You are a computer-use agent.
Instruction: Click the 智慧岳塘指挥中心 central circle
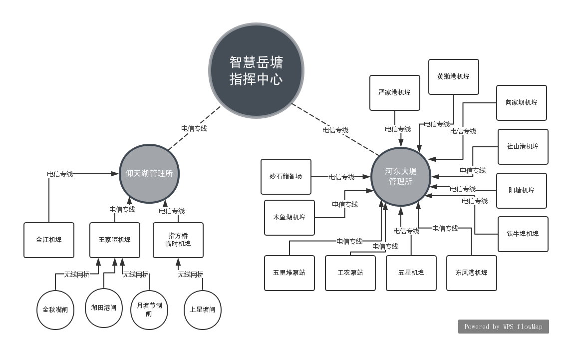[x=256, y=70]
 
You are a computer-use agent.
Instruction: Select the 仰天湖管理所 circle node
[x=149, y=174]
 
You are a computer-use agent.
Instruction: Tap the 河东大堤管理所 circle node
[x=401, y=176]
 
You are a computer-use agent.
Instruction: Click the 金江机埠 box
[x=49, y=240]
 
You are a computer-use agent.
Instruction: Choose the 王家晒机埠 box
[x=115, y=240]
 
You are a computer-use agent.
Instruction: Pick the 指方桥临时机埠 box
[x=178, y=240]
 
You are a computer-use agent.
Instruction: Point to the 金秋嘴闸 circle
[x=55, y=310]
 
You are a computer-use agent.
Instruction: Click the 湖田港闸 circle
[x=104, y=308]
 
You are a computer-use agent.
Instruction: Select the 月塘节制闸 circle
[x=149, y=310]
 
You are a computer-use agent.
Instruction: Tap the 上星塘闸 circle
[x=202, y=310]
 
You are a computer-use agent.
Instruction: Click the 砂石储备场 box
[x=286, y=176]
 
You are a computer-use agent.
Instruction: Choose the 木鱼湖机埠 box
[x=289, y=217]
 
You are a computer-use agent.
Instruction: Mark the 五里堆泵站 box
[x=289, y=273]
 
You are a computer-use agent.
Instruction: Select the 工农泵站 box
[x=350, y=273]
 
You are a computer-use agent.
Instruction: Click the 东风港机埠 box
[x=471, y=273]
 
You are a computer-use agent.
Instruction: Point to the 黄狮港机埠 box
[x=453, y=76]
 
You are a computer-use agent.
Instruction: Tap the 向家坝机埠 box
[x=521, y=102]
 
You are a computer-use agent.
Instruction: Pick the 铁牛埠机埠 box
[x=523, y=234]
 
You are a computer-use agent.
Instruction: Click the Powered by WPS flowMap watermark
[x=503, y=327]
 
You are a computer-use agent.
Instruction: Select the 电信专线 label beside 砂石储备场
[x=341, y=177]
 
